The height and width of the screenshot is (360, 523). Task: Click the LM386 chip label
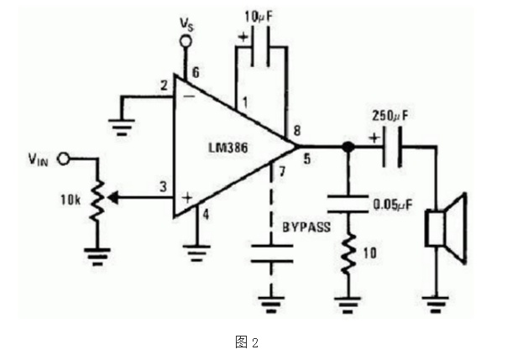point(228,148)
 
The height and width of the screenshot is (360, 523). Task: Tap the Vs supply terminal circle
point(186,42)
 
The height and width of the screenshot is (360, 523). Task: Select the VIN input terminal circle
point(63,159)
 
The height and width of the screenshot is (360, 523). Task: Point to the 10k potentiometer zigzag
point(97,200)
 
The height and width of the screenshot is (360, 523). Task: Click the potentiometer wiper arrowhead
point(113,198)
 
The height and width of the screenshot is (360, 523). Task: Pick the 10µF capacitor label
point(259,17)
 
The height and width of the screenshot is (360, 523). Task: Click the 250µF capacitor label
point(390,116)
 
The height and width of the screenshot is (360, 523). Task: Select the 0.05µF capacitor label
point(392,204)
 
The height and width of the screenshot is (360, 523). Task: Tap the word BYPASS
point(306,227)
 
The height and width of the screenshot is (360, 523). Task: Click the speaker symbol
point(446,228)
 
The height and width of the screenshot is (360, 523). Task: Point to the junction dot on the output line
point(348,147)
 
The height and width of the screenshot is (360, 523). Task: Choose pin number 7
point(282,171)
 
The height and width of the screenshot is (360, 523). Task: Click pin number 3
point(163,186)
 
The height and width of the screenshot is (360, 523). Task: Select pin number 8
point(297,131)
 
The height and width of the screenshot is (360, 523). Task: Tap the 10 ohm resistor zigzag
point(348,253)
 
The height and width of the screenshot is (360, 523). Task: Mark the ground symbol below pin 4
point(196,253)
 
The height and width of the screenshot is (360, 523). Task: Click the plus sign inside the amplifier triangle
point(187,198)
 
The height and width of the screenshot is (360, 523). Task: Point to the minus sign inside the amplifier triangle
point(190,97)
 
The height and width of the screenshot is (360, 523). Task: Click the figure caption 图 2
point(247,342)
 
